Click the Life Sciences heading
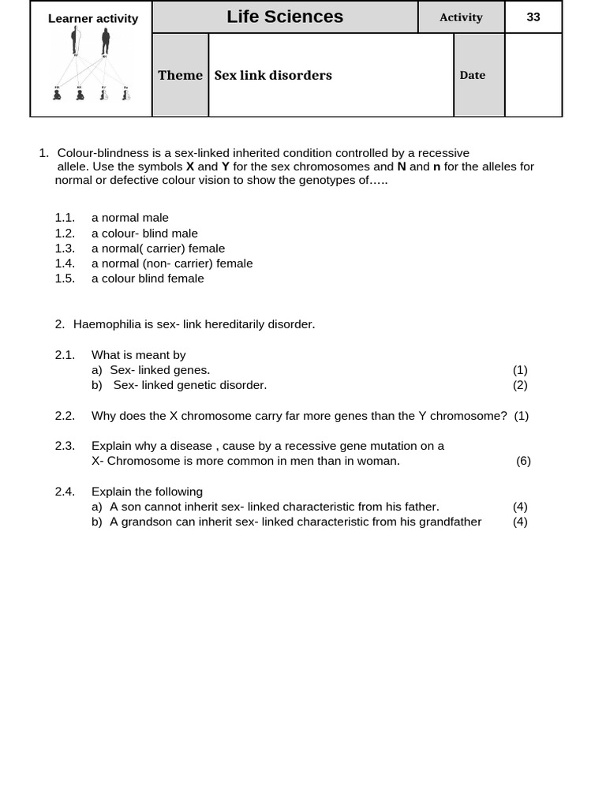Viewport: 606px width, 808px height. click(284, 17)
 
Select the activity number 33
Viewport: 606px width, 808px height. click(533, 17)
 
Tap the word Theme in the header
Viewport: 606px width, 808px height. click(180, 75)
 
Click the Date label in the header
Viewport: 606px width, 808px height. click(473, 75)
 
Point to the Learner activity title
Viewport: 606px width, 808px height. click(93, 18)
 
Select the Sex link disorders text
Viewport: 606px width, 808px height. click(273, 75)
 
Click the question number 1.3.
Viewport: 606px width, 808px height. click(65, 248)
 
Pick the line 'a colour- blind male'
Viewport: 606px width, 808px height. click(144, 233)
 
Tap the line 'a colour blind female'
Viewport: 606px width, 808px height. click(148, 278)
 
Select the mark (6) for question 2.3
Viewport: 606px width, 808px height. click(523, 461)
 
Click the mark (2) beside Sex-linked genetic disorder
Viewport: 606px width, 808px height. click(520, 384)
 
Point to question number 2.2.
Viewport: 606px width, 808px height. click(65, 415)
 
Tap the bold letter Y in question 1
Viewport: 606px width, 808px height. click(226, 166)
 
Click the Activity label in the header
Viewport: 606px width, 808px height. click(461, 17)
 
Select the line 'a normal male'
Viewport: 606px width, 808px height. click(130, 217)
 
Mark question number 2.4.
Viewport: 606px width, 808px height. click(65, 491)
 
